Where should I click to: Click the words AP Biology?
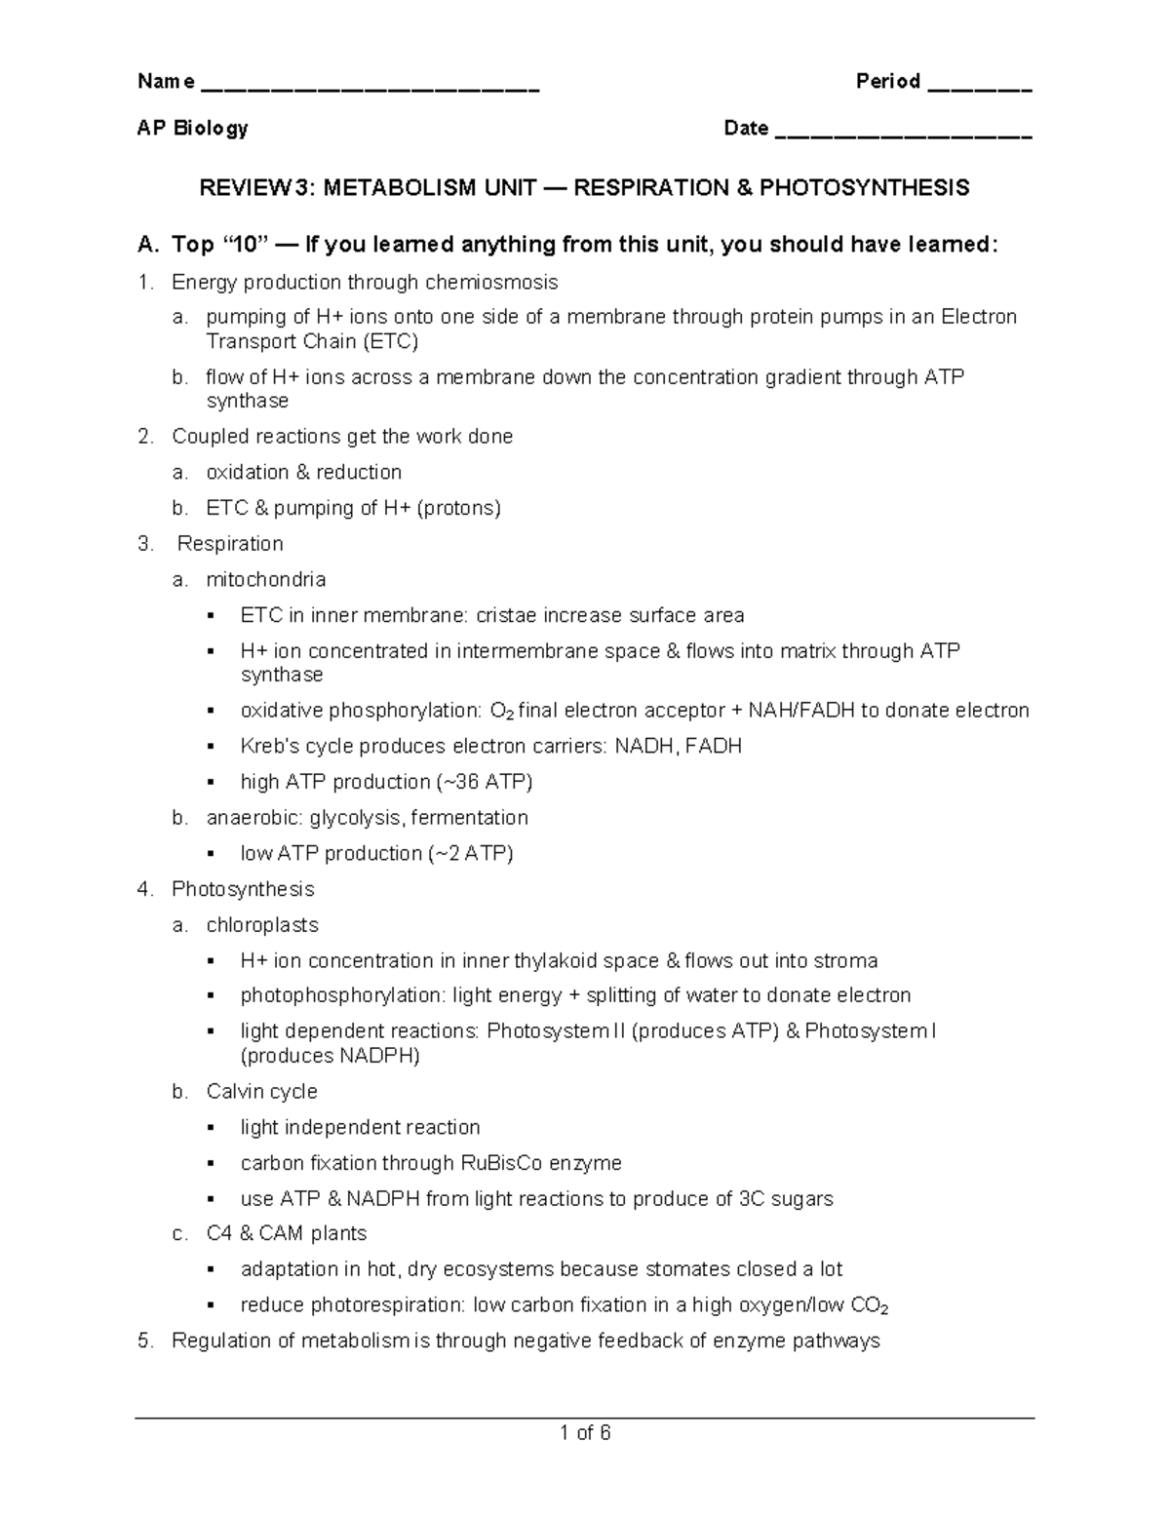point(192,129)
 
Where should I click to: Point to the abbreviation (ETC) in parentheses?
point(390,342)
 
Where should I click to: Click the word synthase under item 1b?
point(247,402)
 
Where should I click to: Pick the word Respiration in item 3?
point(230,544)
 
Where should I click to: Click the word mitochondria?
point(265,580)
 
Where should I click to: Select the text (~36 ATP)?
point(484,783)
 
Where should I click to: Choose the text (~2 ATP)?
point(469,854)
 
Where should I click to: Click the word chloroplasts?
point(261,925)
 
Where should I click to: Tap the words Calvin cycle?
point(261,1092)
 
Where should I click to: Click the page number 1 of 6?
point(585,1433)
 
